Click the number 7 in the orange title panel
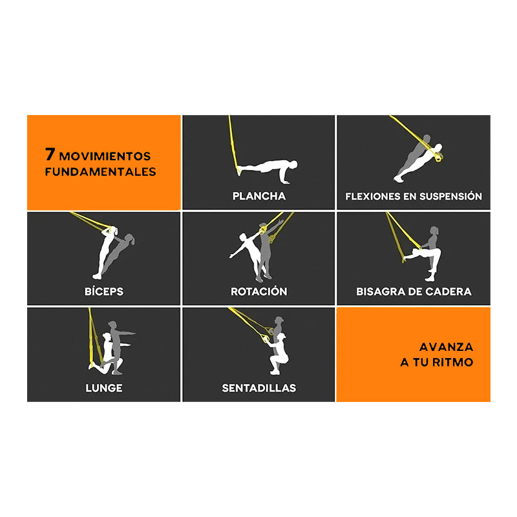coord(49,156)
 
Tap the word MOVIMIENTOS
coord(105,156)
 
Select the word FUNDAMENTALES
coord(100,172)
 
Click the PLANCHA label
coord(258,196)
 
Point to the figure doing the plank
coord(265,166)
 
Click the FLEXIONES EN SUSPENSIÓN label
coord(414,196)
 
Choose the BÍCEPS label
coord(103,291)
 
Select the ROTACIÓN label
coord(258,291)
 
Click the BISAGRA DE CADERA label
coord(414,291)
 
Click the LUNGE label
coord(103,388)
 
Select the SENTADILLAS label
coord(258,388)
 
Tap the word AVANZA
coord(446,347)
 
